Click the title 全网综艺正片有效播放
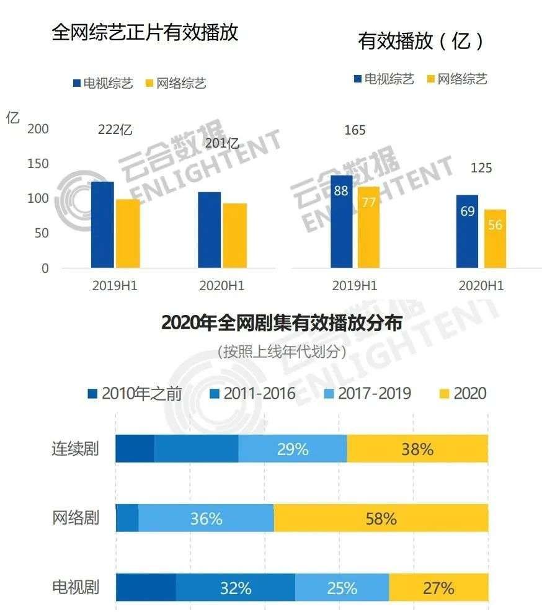[145, 32]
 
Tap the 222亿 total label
[115, 130]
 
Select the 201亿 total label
[222, 143]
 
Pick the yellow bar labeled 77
[368, 227]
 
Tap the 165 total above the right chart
[355, 131]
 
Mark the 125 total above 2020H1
[481, 168]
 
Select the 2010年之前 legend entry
[135, 393]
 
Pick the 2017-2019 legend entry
[366, 393]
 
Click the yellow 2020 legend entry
[462, 393]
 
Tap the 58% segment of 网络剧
[381, 518]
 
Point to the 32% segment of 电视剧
[236, 588]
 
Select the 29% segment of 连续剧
[293, 449]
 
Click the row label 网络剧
[75, 518]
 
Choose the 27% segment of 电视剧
[438, 588]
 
